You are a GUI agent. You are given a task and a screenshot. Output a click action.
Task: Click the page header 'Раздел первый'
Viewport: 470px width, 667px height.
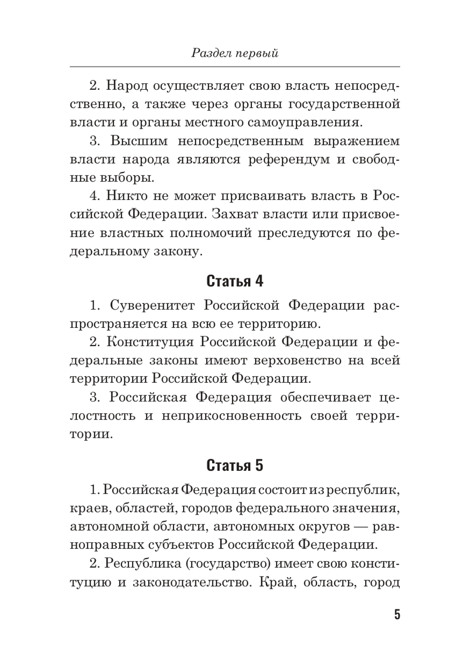[x=235, y=53]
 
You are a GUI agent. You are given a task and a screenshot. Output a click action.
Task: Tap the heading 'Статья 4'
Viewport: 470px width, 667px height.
[x=235, y=281]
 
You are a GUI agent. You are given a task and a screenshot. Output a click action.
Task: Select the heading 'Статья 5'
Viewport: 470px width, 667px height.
[x=235, y=465]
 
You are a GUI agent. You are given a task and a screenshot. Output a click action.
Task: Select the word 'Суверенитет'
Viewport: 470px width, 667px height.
[x=152, y=305]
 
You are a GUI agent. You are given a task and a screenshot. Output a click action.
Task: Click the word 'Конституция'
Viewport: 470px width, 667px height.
[x=150, y=342]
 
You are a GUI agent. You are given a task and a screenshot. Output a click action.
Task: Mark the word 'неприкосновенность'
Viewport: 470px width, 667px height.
[x=231, y=416]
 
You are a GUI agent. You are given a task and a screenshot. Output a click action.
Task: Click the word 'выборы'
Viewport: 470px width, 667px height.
[x=126, y=178]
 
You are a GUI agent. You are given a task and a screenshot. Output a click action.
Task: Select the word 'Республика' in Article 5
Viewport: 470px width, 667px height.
[x=136, y=564]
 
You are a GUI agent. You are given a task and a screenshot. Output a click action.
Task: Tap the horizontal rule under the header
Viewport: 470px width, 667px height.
[x=235, y=66]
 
